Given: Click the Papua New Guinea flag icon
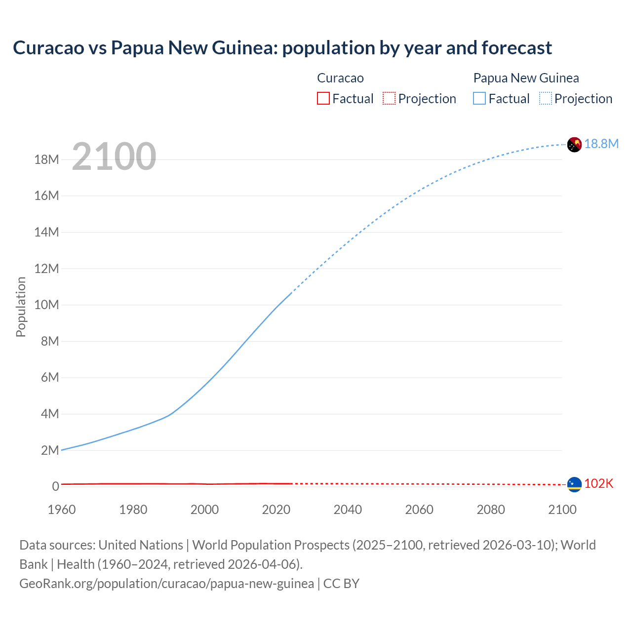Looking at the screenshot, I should pos(574,144).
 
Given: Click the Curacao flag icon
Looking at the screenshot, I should pos(574,484).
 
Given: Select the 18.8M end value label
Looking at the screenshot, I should pos(601,144).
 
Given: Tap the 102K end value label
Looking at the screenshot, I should pos(598,484).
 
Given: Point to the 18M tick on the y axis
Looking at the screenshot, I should pos(46,159).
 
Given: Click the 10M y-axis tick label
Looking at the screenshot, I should pos(46,305).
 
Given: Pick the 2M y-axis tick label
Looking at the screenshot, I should pos(50,450).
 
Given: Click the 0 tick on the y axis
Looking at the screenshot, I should pos(55,486).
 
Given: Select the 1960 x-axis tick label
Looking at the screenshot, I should pos(62,510).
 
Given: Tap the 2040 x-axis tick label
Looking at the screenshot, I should pos(348,510).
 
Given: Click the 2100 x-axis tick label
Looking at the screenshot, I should pos(562,510).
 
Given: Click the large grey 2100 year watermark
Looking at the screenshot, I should pos(114,157).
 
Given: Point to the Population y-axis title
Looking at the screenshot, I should pos(21,307).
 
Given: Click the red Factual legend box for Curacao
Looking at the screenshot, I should pos(323,98).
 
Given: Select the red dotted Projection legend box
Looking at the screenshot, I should pos(389,98).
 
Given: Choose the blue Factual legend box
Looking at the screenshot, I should pos(479,98).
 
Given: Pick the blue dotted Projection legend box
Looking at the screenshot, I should pos(545,98).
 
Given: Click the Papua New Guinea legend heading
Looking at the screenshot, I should pos(526,78).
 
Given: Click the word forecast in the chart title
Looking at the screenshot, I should pos(516,48).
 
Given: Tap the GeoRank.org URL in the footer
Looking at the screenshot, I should pos(166,583).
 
